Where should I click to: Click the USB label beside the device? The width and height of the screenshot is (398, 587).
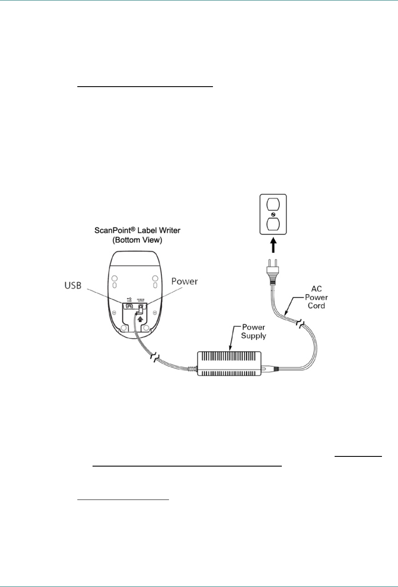point(73,286)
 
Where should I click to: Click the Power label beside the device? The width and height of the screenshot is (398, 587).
point(185,281)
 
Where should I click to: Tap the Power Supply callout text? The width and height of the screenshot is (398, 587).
point(254,332)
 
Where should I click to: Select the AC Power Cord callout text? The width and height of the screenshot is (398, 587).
point(316,297)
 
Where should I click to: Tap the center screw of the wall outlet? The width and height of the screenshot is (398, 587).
point(273,215)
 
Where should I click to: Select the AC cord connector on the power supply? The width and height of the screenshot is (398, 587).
point(270,369)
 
